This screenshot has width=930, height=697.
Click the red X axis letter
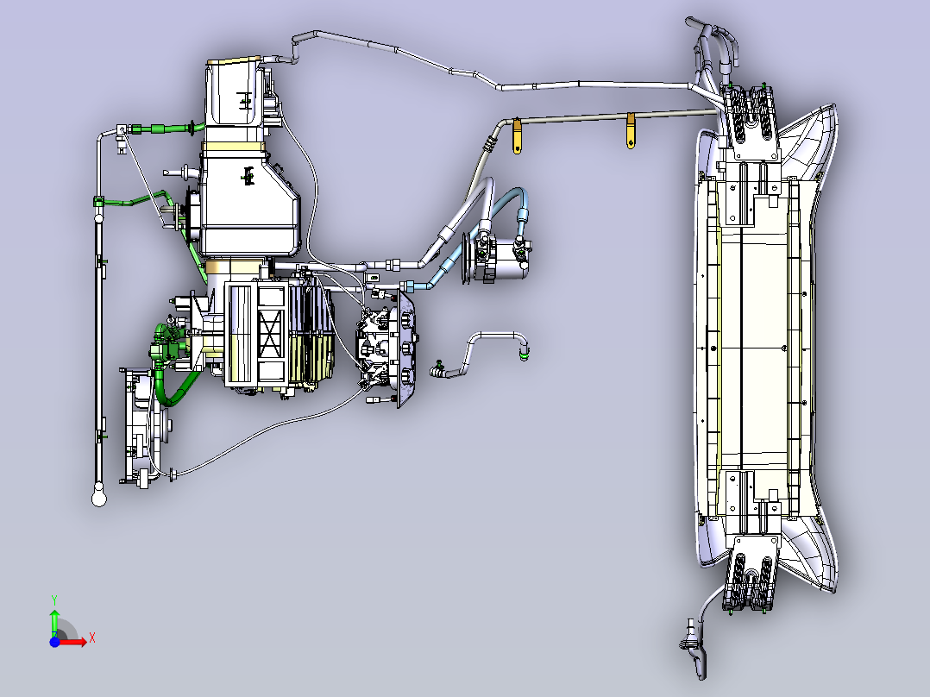coord(92,638)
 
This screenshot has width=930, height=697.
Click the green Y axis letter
coord(54,600)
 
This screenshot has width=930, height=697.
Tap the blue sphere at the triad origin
coord(54,642)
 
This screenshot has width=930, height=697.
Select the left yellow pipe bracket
coord(517,135)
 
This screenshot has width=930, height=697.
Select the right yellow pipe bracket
coord(631,130)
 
